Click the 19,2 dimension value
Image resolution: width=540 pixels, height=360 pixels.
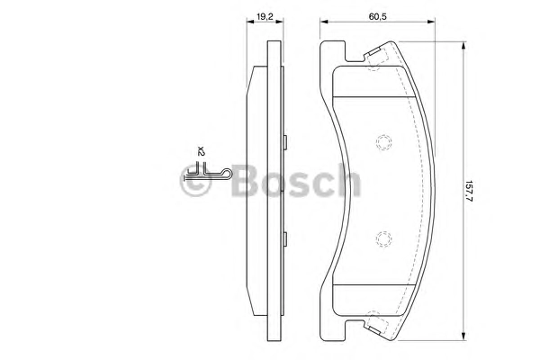click(265, 16)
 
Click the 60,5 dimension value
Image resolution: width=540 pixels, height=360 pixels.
click(378, 16)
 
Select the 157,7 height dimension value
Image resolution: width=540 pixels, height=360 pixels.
click(469, 191)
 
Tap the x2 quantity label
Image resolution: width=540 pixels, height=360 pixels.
click(201, 150)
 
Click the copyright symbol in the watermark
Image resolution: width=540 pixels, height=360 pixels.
click(195, 180)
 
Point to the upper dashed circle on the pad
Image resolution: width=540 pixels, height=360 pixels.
click(383, 142)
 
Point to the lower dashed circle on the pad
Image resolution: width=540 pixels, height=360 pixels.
click(383, 239)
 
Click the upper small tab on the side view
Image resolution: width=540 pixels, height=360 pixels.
click(285, 142)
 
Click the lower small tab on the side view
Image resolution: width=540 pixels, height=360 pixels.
click(285, 239)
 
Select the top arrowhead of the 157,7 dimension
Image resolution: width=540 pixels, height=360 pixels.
click(463, 46)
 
